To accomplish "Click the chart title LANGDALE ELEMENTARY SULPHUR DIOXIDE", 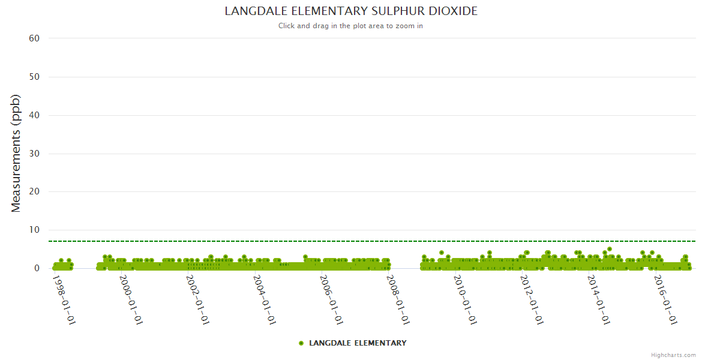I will [x=351, y=11].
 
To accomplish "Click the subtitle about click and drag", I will [x=350, y=26].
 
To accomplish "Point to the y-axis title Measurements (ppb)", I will [x=16, y=153].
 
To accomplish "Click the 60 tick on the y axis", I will [x=34, y=38].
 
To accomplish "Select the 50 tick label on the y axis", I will [x=34, y=77].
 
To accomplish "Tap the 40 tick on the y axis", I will [x=34, y=115].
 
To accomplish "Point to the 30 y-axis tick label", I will [x=34, y=154].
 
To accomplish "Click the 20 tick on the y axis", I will [x=34, y=192].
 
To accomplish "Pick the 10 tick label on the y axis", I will [x=34, y=230].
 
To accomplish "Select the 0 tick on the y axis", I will [x=37, y=269].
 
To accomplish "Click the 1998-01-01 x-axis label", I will [x=64, y=299].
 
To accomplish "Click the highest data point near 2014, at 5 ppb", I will [x=610, y=249].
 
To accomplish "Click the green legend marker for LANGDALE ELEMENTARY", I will [x=301, y=343].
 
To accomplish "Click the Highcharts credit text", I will [x=673, y=355].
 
